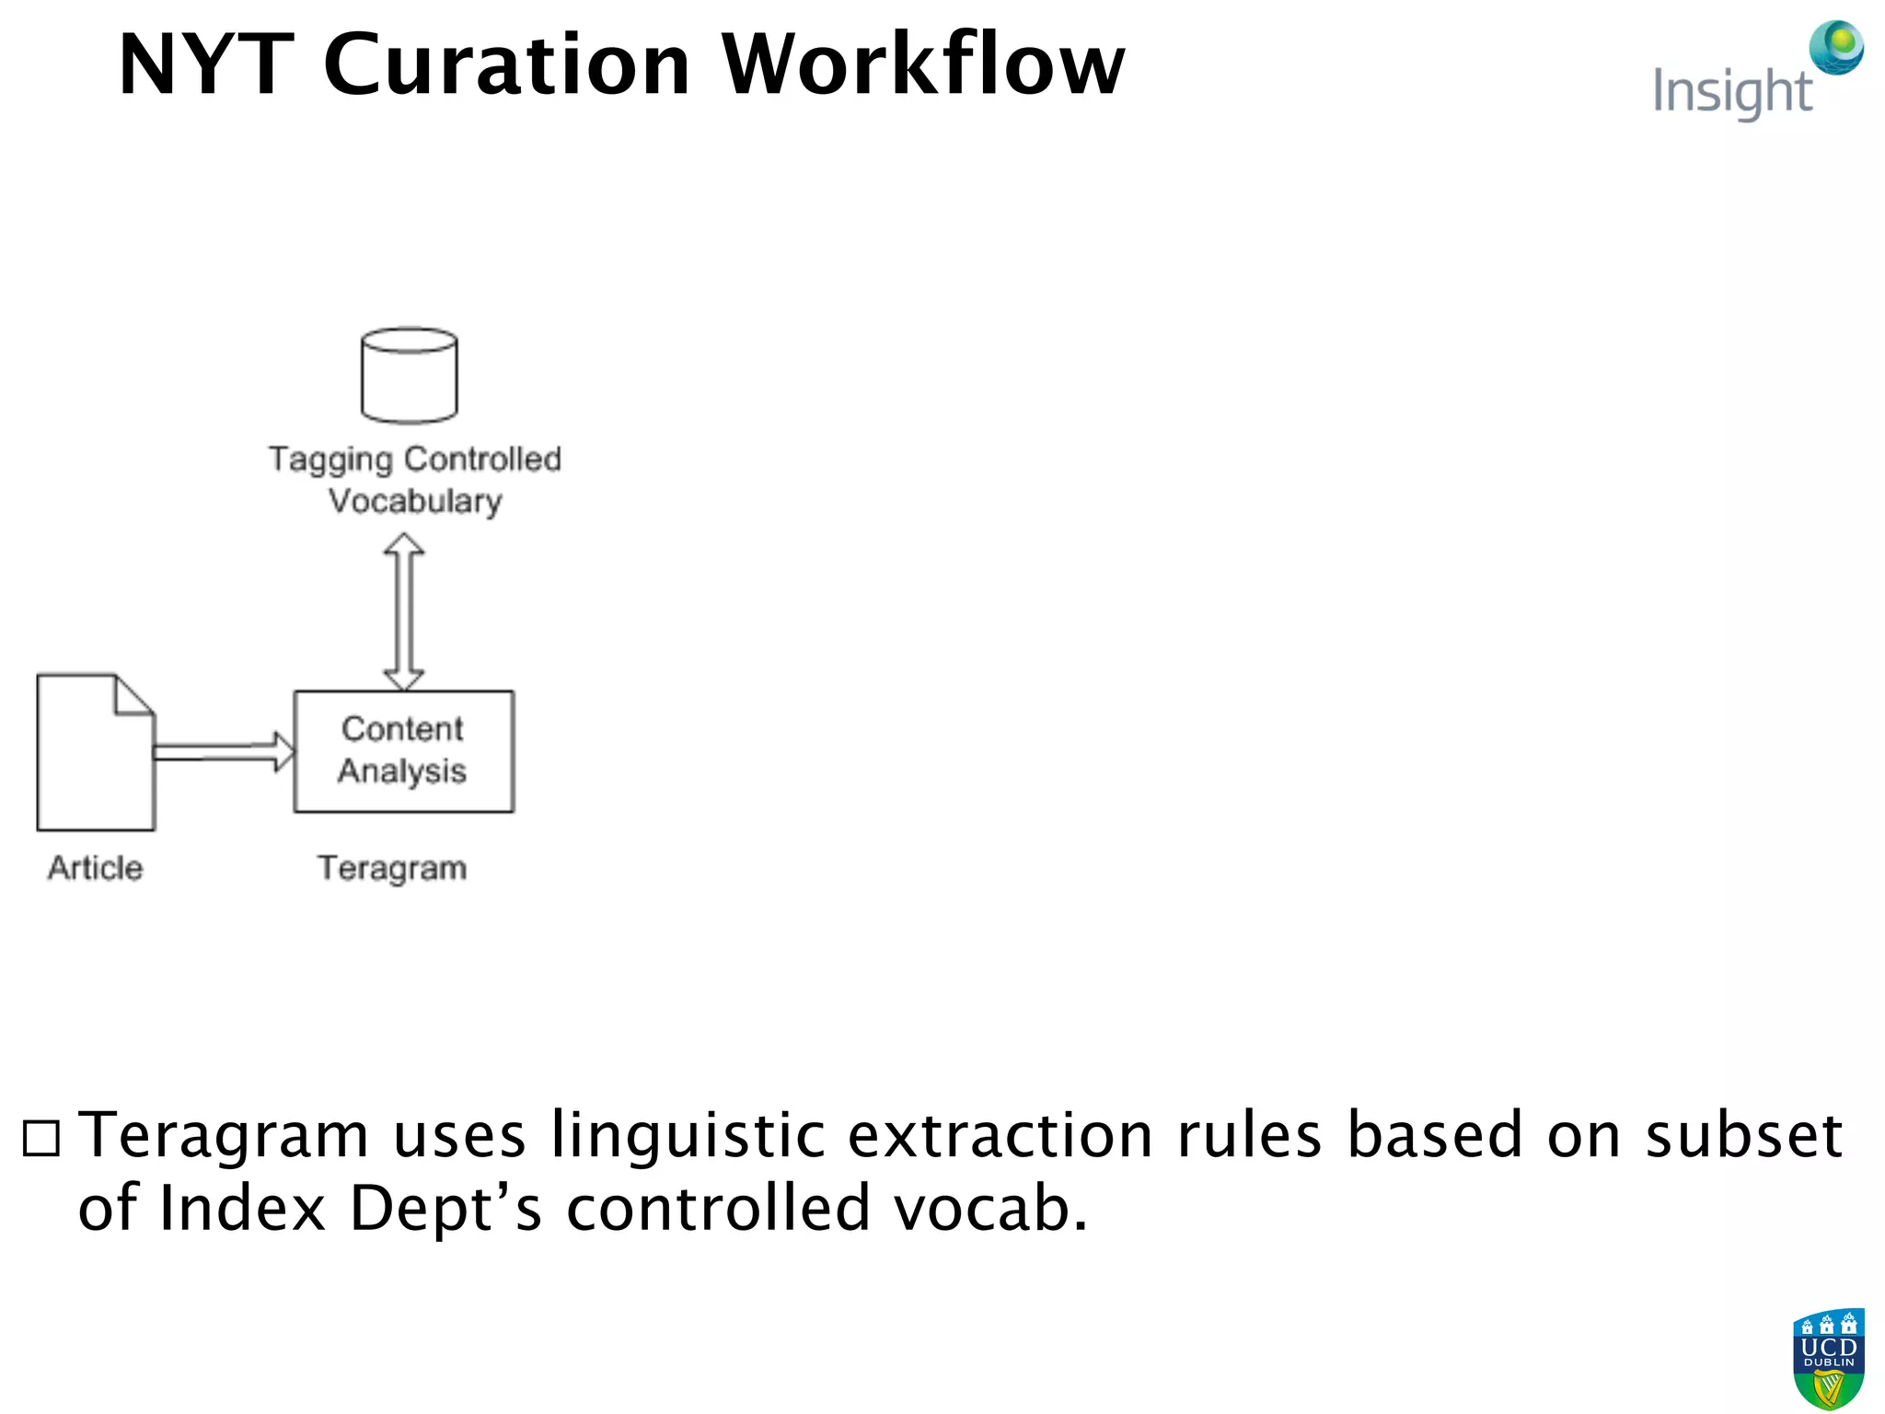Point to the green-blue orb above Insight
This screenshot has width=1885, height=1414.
pos(1836,47)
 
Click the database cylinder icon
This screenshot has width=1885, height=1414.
pos(410,375)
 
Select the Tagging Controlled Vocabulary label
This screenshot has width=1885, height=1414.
pos(415,480)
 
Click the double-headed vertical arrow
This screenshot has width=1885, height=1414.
pos(403,611)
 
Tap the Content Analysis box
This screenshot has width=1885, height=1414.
pos(403,751)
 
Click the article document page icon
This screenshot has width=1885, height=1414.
pos(95,753)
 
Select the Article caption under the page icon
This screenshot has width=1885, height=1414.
pos(96,868)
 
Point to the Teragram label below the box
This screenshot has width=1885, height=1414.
pos(392,868)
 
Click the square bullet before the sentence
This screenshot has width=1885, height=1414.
pos(41,1139)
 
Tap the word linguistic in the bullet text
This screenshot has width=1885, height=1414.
pos(688,1136)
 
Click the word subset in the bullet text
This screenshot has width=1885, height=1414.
pos(1743,1134)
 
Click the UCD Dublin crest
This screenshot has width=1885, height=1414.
pos(1828,1358)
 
